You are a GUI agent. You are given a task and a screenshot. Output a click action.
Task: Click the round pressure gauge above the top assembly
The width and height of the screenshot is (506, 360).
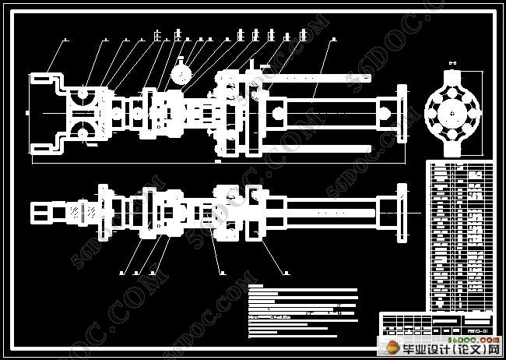183,71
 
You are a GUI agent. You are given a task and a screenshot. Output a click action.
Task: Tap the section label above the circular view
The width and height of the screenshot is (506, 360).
452,60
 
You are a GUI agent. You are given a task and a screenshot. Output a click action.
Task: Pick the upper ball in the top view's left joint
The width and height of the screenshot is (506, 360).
83,94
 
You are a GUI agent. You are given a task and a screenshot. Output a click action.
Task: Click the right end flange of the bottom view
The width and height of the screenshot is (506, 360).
402,210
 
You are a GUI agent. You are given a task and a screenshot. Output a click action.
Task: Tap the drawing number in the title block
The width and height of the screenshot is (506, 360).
476,330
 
